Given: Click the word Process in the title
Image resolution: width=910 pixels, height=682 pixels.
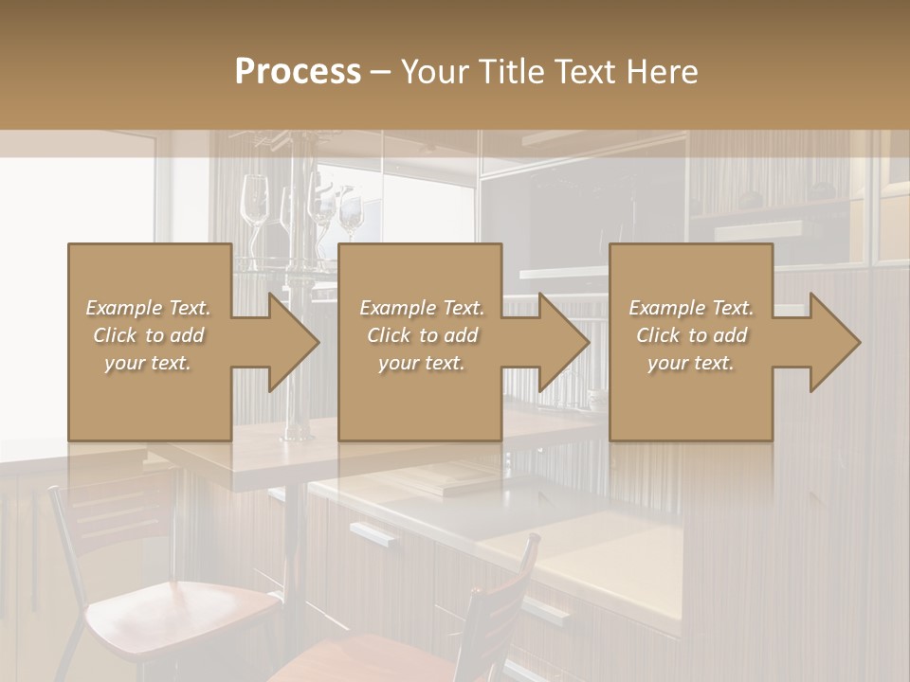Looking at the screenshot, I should coord(298,71).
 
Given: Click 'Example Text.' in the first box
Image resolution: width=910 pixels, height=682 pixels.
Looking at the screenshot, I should coord(148,308).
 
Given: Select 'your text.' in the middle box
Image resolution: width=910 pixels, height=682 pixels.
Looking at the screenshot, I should coord(421,363).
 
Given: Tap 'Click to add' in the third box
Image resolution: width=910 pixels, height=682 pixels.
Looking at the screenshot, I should coord(691,335).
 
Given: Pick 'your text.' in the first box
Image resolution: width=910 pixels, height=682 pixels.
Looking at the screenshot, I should coord(148,363).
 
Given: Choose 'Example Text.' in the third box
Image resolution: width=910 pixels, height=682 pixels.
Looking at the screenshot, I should coord(691,308).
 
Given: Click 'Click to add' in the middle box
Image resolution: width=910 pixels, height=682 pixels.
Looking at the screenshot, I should coord(421,335).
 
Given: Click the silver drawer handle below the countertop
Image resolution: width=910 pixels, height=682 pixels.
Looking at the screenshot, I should coord(373,534).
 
